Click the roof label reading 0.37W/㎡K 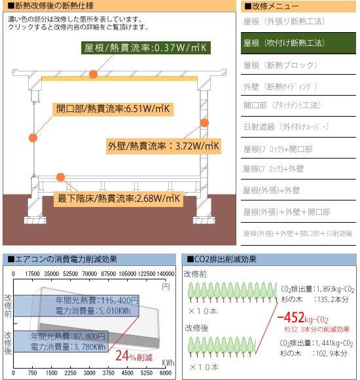coord(146,48)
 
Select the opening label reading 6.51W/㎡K coord(113,109)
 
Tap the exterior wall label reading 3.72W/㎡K coord(164,146)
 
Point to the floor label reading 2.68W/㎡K coord(118,199)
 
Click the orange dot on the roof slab coord(93,74)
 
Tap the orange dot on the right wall coord(204,123)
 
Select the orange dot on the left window coord(33,138)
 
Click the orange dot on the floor coord(60,177)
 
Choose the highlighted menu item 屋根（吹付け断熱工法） coord(298,43)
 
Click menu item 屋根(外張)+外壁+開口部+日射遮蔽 coord(298,233)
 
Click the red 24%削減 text coord(134,356)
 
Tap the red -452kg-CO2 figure coord(302,318)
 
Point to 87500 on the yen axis coord(108,274)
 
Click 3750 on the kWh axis coord(108,373)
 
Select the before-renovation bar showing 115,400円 coord(76,305)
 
